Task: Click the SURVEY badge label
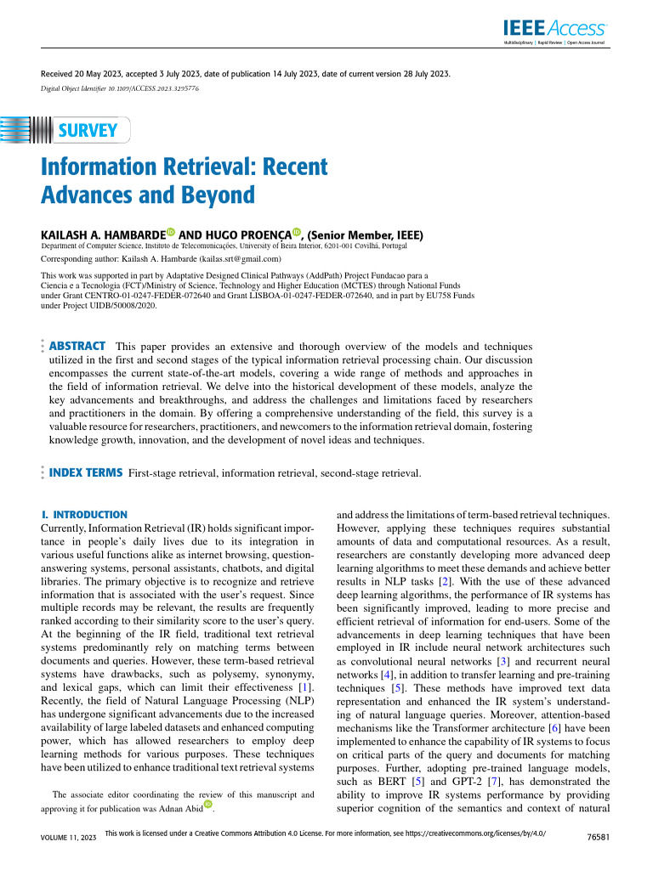88,130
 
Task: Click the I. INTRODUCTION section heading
84,515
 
